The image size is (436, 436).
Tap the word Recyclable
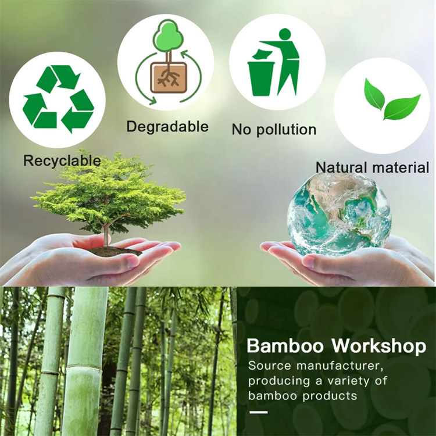click(62, 161)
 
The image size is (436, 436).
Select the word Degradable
click(167, 127)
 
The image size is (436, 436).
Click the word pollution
click(286, 130)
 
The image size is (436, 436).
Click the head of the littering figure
click(284, 34)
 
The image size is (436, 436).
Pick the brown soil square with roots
click(169, 77)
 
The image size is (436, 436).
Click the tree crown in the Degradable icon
click(168, 36)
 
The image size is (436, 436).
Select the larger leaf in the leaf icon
click(402, 108)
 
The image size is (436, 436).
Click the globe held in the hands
click(339, 213)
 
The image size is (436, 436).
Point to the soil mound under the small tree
click(115, 251)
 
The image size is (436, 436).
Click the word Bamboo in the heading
click(285, 346)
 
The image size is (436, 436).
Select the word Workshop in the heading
click(378, 346)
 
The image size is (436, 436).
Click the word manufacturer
click(340, 366)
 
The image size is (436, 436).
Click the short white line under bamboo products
click(258, 412)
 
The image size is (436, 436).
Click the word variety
click(348, 381)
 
